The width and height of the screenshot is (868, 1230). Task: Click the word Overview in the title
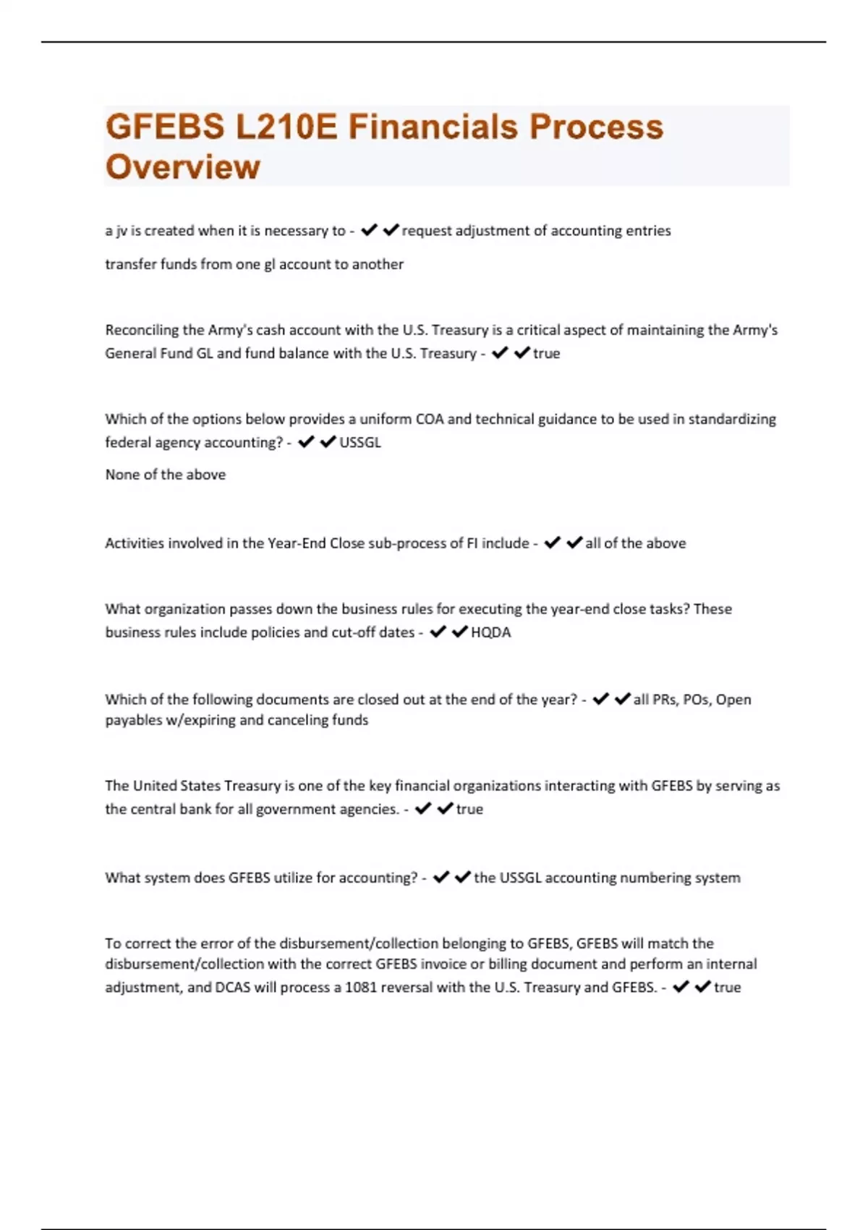(182, 166)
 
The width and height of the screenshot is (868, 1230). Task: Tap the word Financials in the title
(432, 127)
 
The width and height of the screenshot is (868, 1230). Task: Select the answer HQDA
(490, 632)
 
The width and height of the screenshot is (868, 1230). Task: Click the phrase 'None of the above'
(165, 475)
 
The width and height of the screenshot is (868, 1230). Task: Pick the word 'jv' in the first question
(121, 232)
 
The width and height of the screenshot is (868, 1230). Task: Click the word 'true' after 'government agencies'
(469, 810)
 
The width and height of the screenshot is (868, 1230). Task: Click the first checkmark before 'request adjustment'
(369, 230)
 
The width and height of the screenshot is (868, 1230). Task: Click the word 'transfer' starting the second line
(130, 265)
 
